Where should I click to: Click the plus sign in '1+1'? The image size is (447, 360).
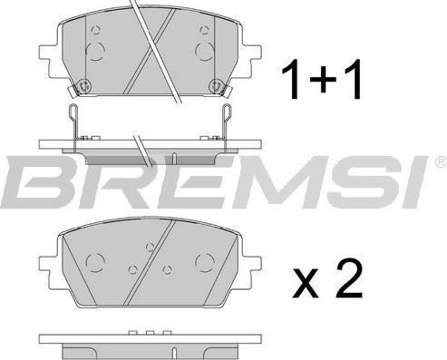323,79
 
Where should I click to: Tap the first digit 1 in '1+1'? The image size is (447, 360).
291,79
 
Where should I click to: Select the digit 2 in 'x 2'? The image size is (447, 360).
350,278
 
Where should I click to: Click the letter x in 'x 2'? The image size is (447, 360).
306,283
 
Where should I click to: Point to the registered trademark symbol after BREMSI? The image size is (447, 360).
442,161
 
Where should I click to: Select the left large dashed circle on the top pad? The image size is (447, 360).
95,52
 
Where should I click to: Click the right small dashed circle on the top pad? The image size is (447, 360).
205,30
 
